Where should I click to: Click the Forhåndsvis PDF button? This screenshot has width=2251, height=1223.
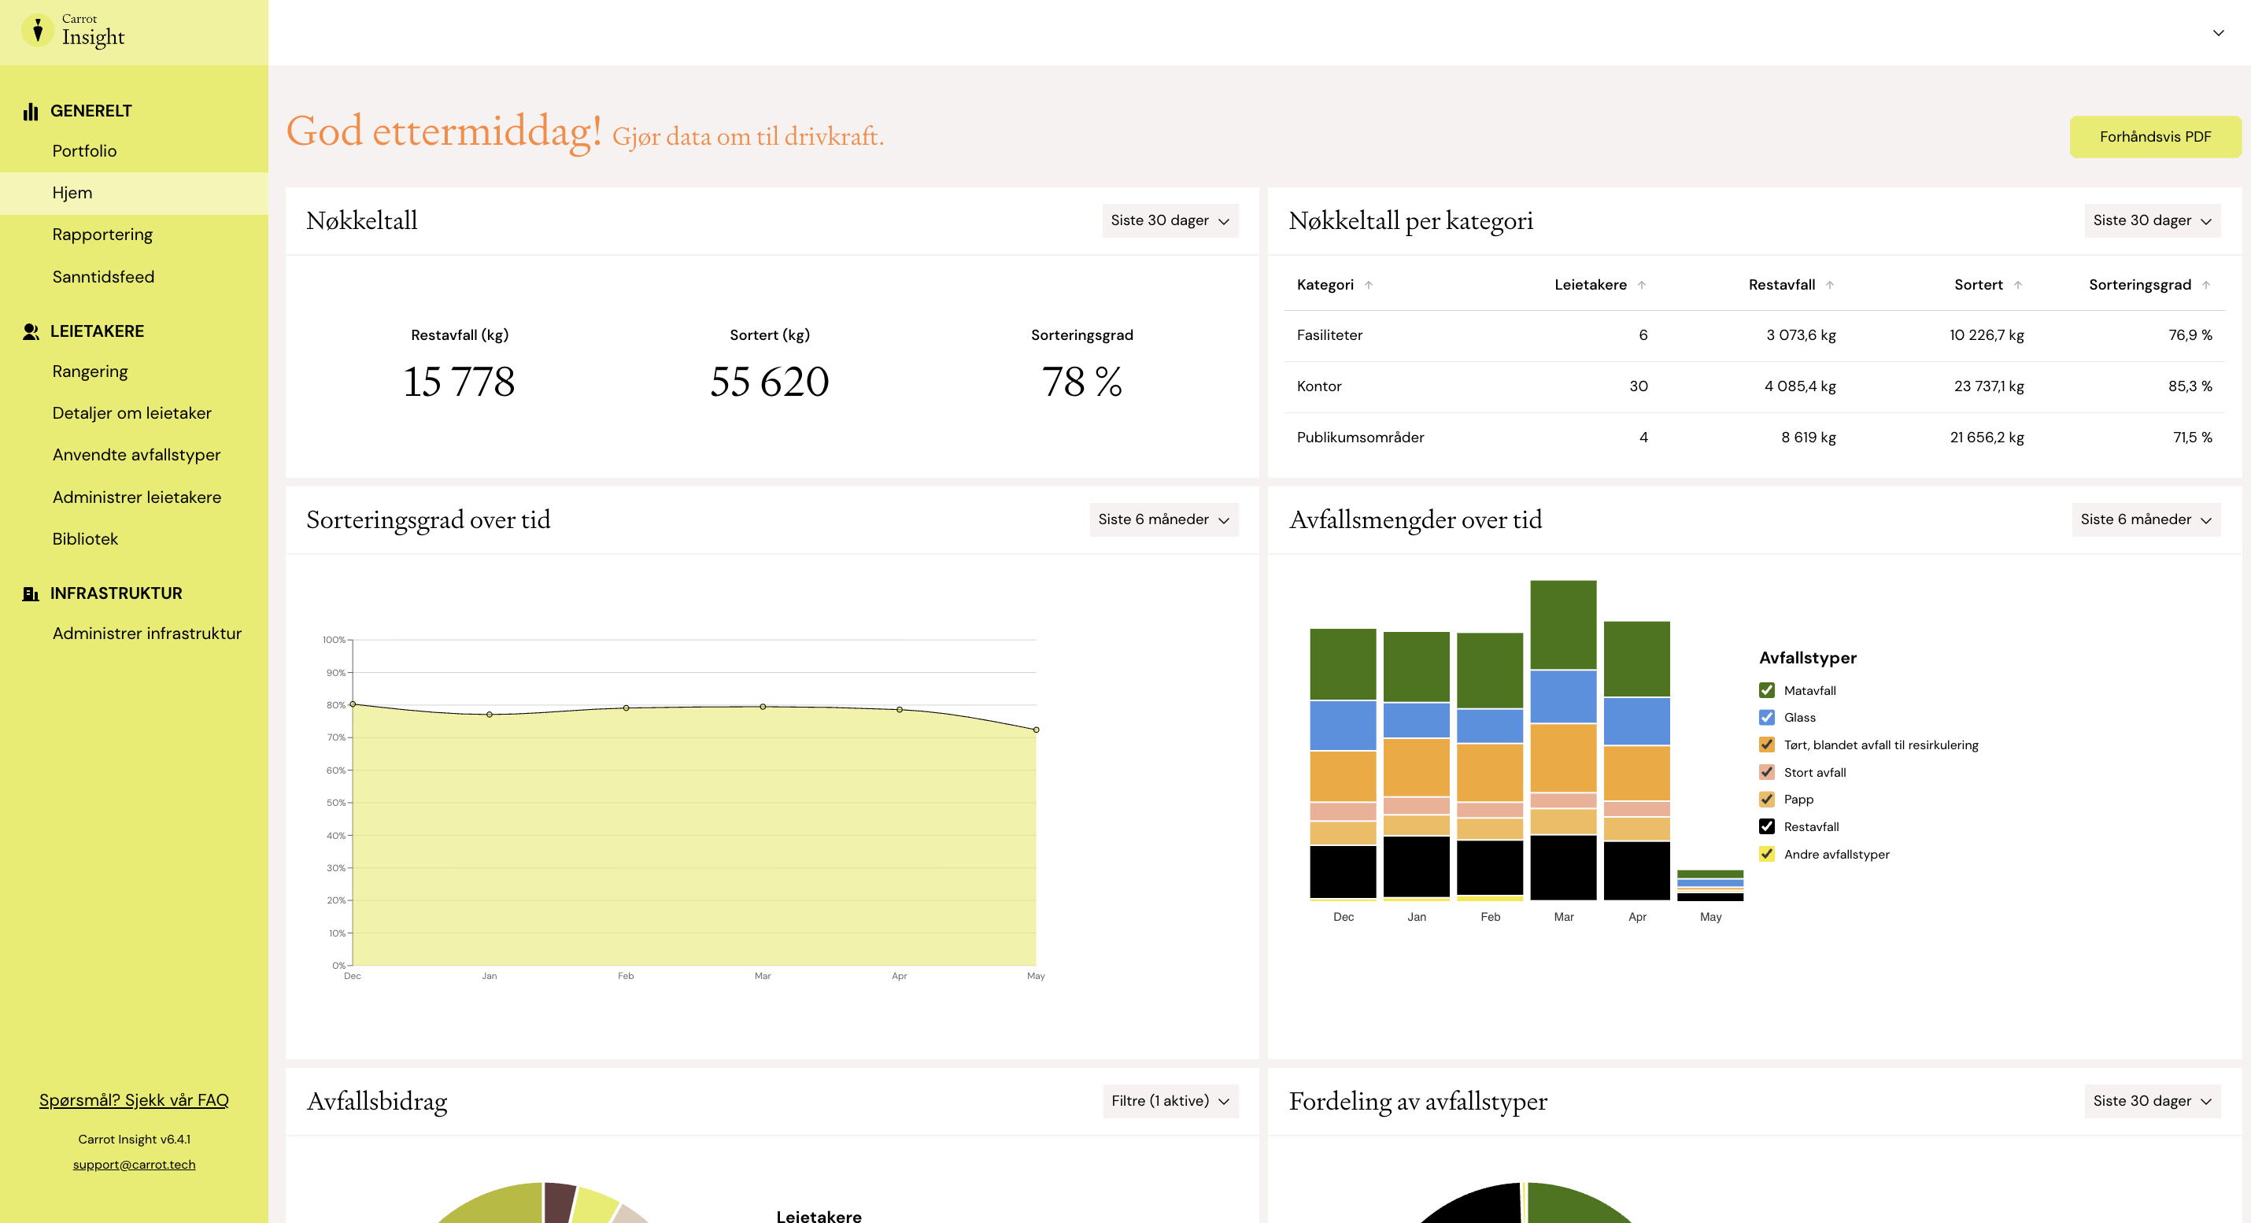[2154, 136]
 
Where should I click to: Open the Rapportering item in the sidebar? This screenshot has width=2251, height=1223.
[102, 234]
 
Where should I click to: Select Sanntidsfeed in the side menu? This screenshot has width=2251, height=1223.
[103, 277]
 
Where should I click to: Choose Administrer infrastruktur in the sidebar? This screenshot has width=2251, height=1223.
[147, 634]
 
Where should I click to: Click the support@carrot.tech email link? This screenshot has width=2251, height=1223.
[134, 1165]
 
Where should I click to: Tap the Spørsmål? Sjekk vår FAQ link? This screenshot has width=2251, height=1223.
[134, 1099]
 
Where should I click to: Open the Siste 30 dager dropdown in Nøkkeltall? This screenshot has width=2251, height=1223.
[1170, 220]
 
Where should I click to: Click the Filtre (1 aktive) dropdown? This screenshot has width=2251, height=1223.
[1170, 1101]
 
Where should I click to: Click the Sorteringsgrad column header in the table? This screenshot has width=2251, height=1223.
[2140, 285]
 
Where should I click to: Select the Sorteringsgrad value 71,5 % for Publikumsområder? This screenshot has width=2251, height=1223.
[2193, 438]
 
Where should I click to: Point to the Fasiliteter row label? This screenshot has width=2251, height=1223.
[1329, 335]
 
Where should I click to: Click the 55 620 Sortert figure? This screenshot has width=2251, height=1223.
[769, 382]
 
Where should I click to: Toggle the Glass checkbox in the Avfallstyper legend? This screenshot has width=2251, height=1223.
[1766, 717]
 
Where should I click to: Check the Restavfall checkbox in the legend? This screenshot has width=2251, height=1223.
[1766, 826]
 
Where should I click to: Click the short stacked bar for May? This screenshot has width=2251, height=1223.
[1710, 885]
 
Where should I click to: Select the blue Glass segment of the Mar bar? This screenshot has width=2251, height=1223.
[1563, 696]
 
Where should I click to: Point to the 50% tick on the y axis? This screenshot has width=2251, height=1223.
[336, 803]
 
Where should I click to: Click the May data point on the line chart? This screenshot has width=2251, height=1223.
[1037, 730]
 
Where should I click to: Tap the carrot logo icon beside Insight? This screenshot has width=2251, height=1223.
[38, 31]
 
